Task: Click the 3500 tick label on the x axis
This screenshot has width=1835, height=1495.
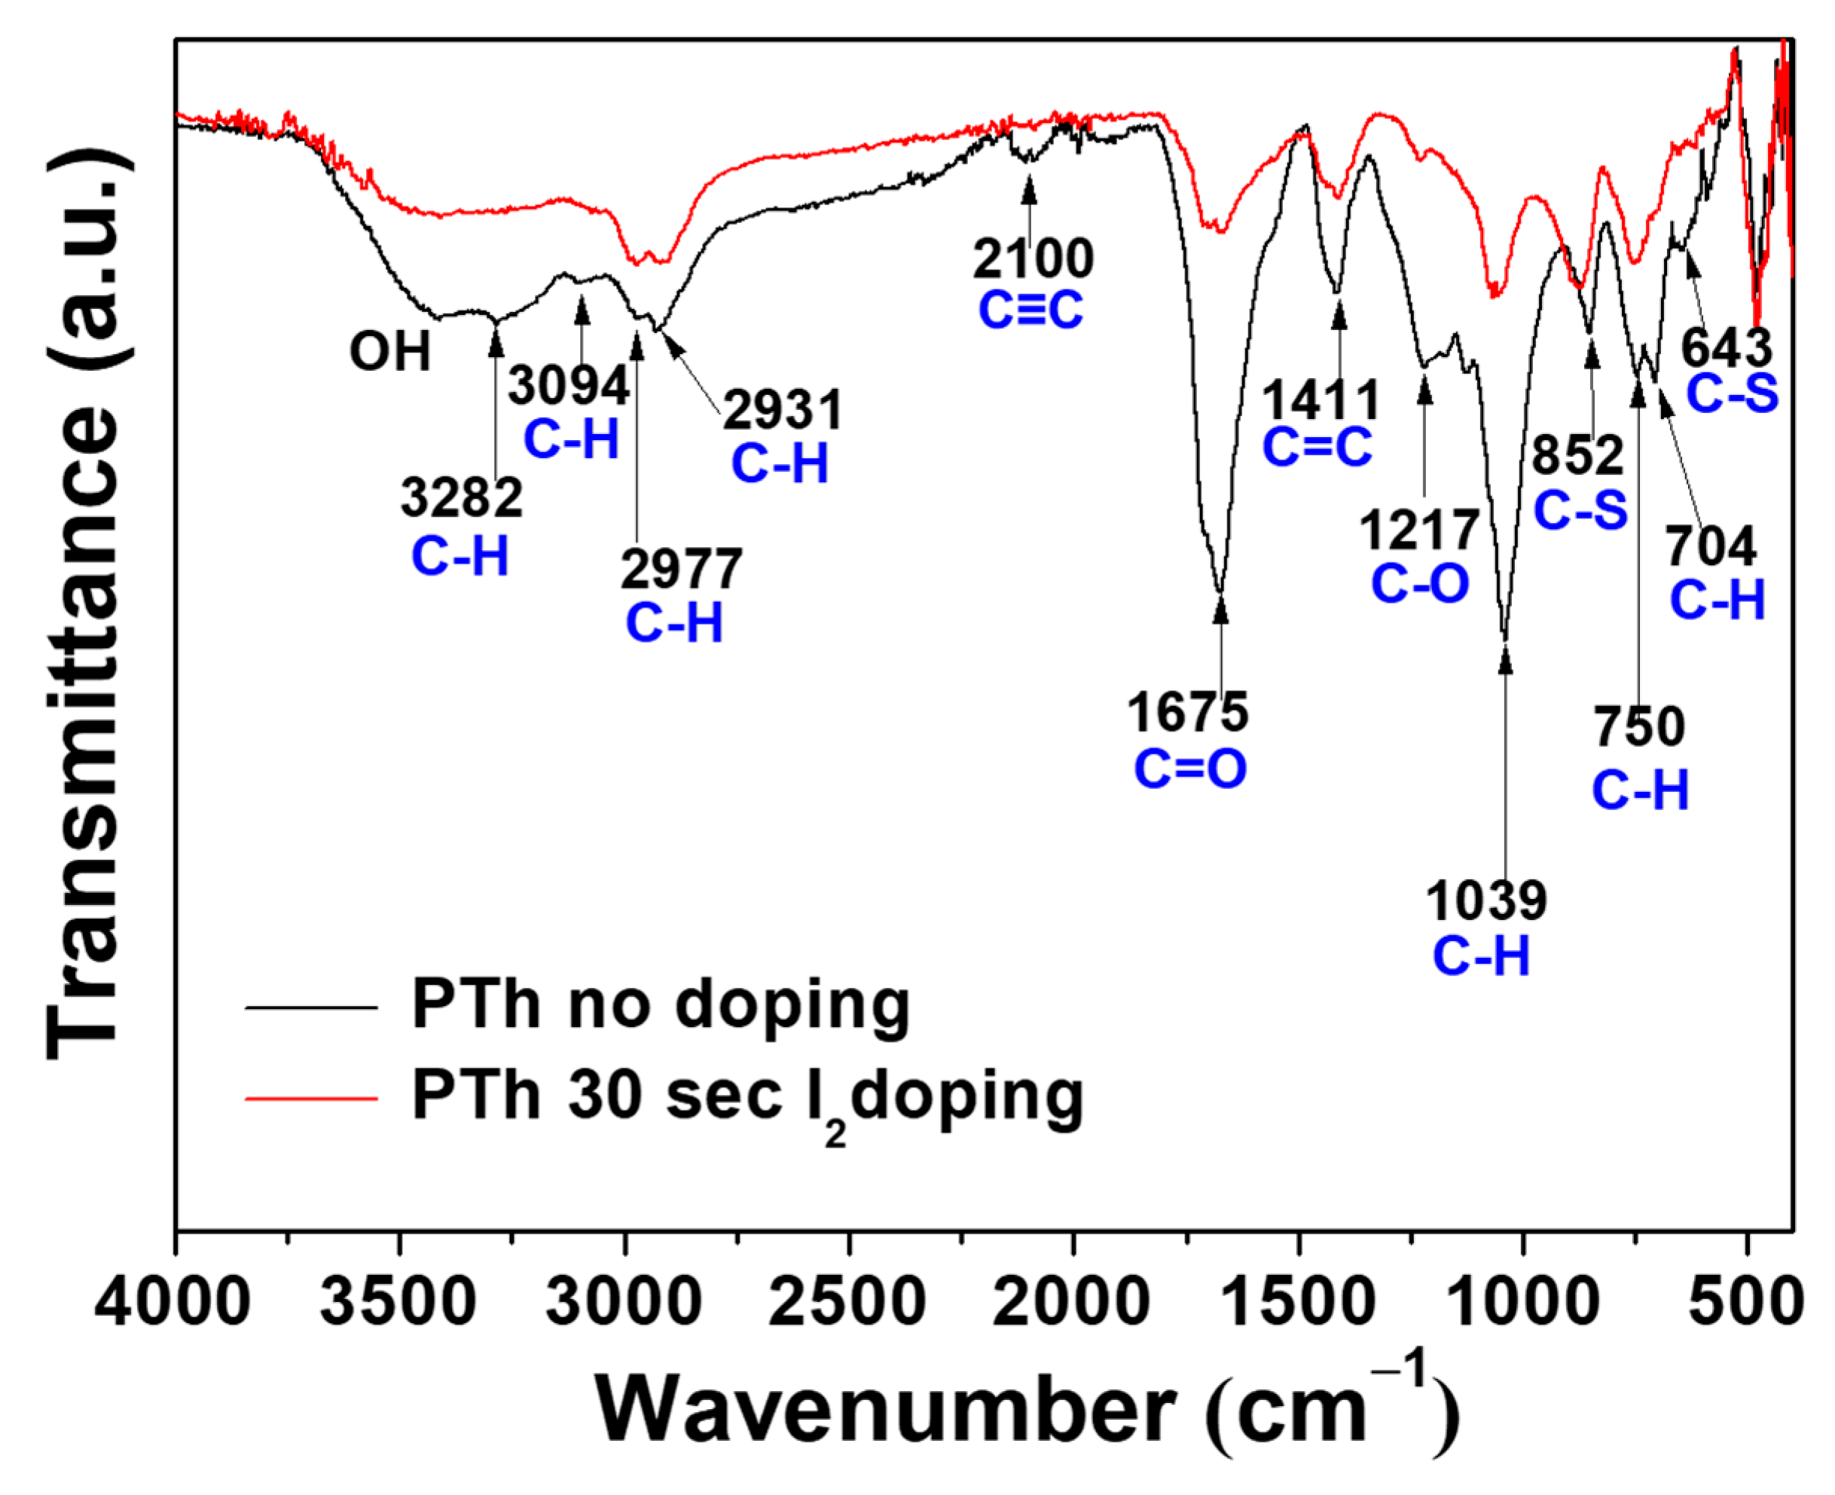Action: (x=398, y=1301)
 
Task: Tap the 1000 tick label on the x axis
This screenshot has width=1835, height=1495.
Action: (x=1523, y=1301)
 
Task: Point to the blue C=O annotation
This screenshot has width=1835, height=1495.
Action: (x=1189, y=769)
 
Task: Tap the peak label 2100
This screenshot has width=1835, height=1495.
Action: (x=1033, y=258)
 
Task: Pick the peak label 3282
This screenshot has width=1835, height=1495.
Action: (x=461, y=498)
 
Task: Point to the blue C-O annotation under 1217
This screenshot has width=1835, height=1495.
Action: (x=1419, y=584)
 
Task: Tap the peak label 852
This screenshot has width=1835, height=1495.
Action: (x=1577, y=454)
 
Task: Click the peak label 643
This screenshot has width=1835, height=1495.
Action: (x=1727, y=348)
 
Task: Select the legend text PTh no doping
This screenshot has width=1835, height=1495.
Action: (x=660, y=1005)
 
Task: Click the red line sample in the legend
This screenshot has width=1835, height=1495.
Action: (x=312, y=1098)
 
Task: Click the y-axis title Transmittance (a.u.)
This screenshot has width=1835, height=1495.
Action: (x=82, y=603)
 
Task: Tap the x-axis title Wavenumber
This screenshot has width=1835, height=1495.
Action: (x=887, y=1411)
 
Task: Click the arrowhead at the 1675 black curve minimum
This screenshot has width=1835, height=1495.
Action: (x=1220, y=609)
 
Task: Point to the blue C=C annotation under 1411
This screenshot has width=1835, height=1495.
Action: (x=1317, y=448)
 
